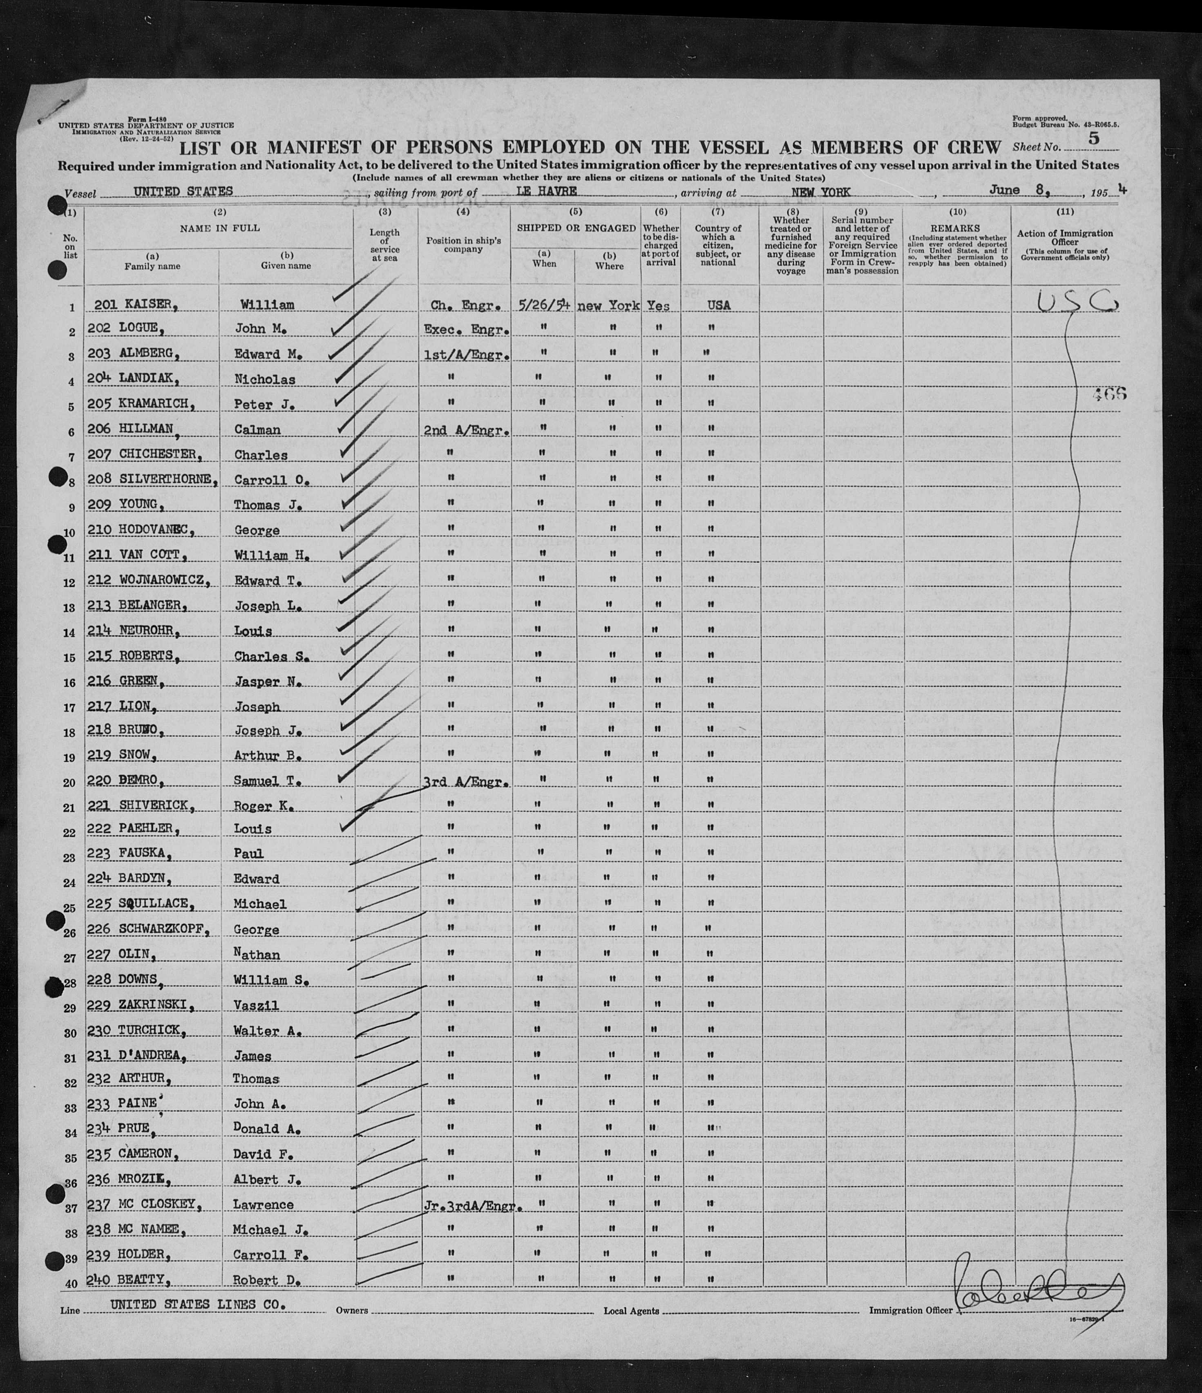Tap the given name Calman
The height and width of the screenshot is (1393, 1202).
[x=257, y=429]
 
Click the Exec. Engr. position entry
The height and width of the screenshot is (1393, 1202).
[x=466, y=330]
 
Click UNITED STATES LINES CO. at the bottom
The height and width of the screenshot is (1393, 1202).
[x=198, y=1305]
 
